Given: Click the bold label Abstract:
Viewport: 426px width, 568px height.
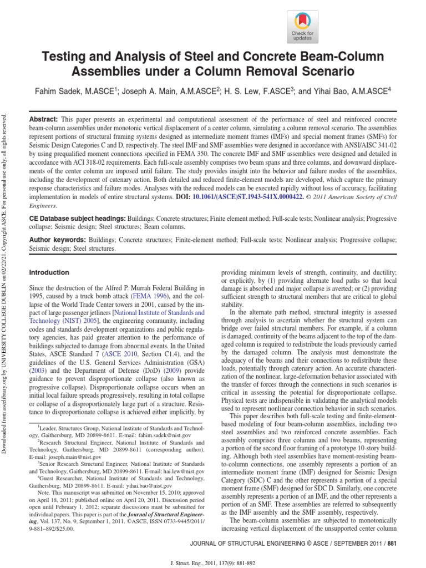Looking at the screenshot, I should (x=44, y=120).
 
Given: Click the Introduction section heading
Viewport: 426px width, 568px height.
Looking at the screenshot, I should (x=49, y=273).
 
